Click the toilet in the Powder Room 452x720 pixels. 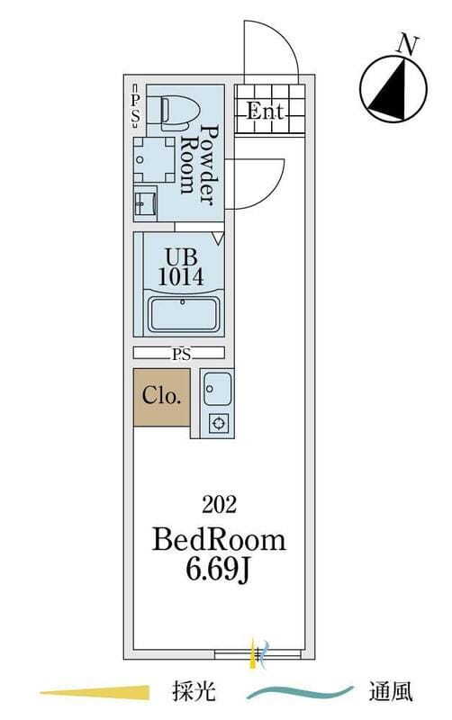[179, 111]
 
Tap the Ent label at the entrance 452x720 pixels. [265, 112]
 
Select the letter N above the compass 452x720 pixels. [408, 45]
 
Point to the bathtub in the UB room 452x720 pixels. [183, 314]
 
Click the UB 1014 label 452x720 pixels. [180, 266]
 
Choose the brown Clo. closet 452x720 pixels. [161, 397]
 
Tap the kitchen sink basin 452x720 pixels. [217, 390]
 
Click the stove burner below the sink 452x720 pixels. [219, 423]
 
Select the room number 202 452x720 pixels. [219, 505]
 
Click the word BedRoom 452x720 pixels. [219, 540]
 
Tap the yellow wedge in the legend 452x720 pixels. [95, 691]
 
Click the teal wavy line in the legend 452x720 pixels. [300, 692]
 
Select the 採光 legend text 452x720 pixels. [194, 691]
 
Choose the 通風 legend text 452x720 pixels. [391, 691]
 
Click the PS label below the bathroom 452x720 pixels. [182, 354]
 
